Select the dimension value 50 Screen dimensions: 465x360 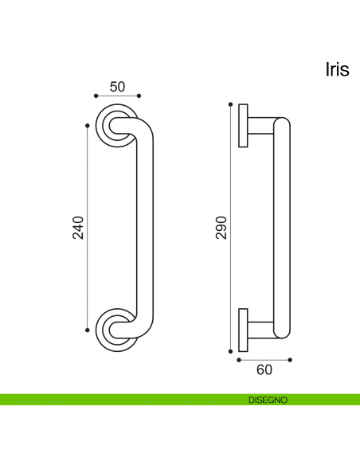117,86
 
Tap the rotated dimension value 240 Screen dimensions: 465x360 77,228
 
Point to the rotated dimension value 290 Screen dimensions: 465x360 221,228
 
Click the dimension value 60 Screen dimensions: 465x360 264,369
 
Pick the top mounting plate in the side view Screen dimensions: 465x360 242,124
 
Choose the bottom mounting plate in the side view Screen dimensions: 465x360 242,329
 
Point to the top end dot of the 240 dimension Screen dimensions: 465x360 86,124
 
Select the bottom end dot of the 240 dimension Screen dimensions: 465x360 86,330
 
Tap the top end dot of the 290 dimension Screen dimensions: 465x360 230,104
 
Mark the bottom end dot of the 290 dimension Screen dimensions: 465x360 230,350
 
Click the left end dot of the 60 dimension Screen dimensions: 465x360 238,360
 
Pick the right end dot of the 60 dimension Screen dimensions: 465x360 290,360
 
